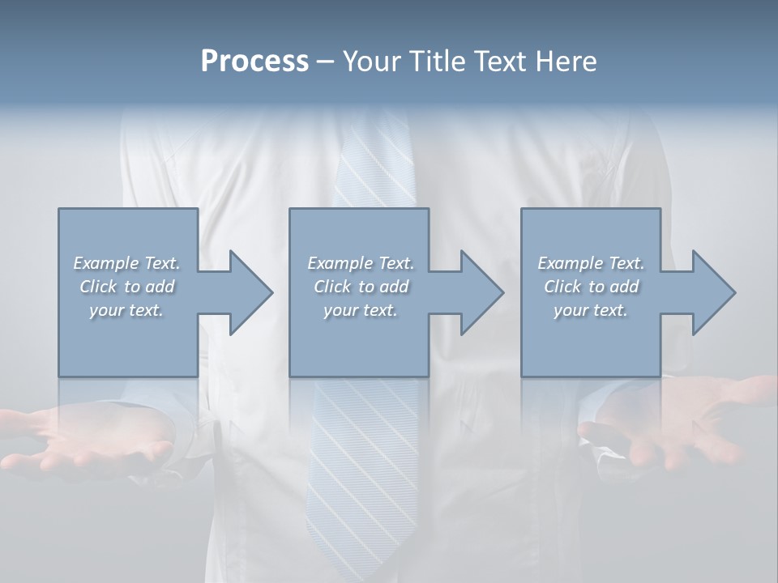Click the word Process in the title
coord(254,62)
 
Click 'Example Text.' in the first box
coord(127,263)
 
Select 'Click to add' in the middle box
coord(361,287)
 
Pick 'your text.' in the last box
coord(591,310)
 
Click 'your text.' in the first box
coord(127,310)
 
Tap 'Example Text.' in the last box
coord(591,263)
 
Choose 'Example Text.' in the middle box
coord(361,263)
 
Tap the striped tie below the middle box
coord(362,470)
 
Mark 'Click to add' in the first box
coord(127,287)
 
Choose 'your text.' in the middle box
coord(361,310)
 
